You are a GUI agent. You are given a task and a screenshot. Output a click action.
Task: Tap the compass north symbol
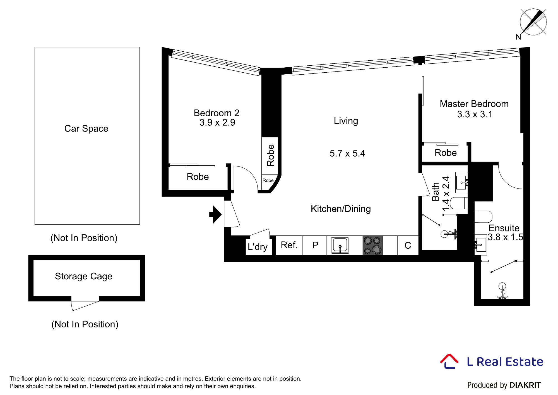[533, 22]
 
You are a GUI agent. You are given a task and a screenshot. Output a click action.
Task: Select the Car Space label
[86, 129]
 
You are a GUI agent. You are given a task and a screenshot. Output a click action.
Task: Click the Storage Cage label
[84, 276]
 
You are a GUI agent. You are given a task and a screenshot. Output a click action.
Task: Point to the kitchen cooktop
[372, 245]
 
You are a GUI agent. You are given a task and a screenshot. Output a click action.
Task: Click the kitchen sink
[340, 245]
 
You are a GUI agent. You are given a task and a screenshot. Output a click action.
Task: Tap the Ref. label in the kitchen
[289, 245]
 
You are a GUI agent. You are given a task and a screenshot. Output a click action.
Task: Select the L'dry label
[258, 247]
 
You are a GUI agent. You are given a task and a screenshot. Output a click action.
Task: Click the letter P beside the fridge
[315, 245]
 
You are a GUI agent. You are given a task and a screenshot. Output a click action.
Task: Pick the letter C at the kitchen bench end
[408, 246]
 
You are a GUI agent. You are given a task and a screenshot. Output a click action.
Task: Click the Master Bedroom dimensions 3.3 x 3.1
[475, 114]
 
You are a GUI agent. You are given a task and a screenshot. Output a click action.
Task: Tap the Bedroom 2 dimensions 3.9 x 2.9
[217, 122]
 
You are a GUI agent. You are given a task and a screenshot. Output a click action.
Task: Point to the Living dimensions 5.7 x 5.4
[347, 153]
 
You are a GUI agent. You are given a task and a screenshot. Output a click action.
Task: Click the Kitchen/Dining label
[341, 209]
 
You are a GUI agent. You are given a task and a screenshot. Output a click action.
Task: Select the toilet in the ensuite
[483, 217]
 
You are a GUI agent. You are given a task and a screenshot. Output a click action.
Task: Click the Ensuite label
[504, 228]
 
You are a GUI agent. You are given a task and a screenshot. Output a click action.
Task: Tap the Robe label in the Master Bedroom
[446, 153]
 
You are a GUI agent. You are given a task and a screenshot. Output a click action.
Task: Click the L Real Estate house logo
[449, 362]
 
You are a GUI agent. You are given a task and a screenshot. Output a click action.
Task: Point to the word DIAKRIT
[525, 385]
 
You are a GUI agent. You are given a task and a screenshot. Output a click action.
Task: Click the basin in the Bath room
[461, 183]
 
